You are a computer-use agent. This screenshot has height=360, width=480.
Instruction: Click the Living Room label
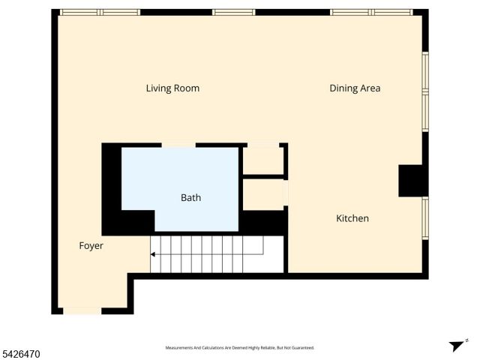coord(172,88)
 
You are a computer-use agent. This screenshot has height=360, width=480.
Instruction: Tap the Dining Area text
coord(355,88)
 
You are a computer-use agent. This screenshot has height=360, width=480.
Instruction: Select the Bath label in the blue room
coord(190,198)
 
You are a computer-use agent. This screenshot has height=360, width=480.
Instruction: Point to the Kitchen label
coord(352,218)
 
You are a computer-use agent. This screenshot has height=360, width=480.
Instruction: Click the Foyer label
coord(91,246)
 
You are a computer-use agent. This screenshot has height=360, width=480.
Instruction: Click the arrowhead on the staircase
coord(154,255)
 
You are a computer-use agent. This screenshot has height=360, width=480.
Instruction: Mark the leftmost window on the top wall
coord(100,13)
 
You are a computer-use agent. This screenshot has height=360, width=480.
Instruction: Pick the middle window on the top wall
coord(234,13)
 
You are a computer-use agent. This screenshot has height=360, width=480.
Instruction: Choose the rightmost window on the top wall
coord(371,13)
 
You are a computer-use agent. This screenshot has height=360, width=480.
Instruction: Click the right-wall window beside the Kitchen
coord(424,218)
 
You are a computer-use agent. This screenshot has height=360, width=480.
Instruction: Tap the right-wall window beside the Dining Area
coord(424,91)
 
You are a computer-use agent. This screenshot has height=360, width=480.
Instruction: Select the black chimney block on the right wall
coord(412,181)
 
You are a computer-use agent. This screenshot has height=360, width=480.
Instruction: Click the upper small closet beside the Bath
coord(262,160)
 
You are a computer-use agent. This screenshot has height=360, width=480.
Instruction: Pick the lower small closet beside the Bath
coord(264,194)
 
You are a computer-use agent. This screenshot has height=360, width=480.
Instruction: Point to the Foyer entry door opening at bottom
coord(82,310)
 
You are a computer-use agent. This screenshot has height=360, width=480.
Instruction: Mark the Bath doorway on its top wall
coord(178,145)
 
